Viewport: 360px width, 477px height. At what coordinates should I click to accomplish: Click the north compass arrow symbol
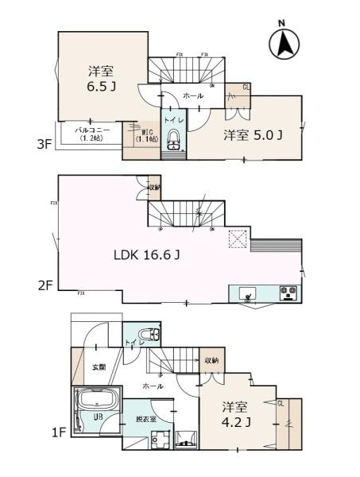click(x=284, y=44)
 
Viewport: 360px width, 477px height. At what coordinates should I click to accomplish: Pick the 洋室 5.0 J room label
click(x=253, y=134)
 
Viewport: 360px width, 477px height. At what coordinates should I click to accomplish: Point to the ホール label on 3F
click(x=192, y=96)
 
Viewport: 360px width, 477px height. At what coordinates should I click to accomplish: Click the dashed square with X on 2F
click(x=237, y=240)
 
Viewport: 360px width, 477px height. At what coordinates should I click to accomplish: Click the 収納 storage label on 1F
click(x=211, y=359)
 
